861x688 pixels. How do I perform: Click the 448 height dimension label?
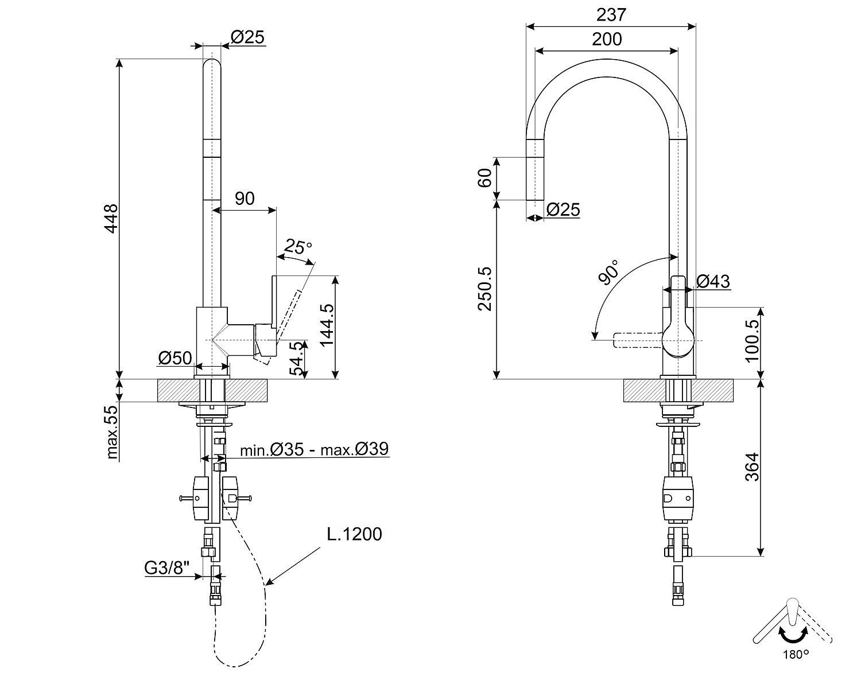tap(111, 218)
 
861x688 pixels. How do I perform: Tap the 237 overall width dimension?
tap(611, 14)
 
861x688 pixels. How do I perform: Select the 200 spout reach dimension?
tap(607, 39)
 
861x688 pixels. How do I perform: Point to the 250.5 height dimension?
tap(485, 288)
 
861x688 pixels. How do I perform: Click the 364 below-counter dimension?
tap(752, 467)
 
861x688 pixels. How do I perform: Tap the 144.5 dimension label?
tap(327, 324)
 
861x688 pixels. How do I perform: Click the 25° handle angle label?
tap(298, 247)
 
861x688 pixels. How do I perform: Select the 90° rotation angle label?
tap(609, 272)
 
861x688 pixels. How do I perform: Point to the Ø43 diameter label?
tap(713, 281)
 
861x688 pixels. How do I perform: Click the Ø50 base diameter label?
tap(174, 358)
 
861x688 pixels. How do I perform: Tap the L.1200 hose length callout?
tap(354, 534)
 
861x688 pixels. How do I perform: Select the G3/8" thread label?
tap(166, 568)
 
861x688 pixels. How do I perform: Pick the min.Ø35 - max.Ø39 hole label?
tap(315, 449)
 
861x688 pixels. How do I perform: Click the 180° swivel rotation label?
tap(795, 654)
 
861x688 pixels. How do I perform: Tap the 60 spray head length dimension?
tap(485, 178)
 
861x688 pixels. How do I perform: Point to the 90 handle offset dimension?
tap(245, 199)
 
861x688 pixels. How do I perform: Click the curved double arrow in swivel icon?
tap(792, 636)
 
